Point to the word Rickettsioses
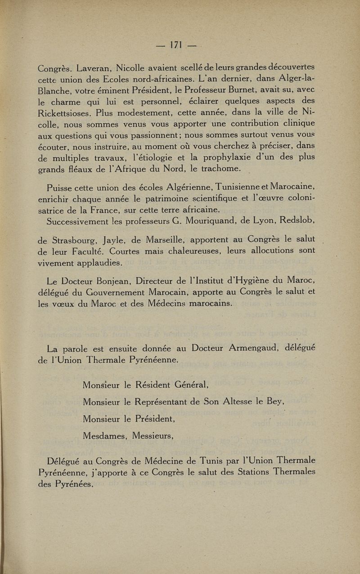(x=68, y=112)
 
